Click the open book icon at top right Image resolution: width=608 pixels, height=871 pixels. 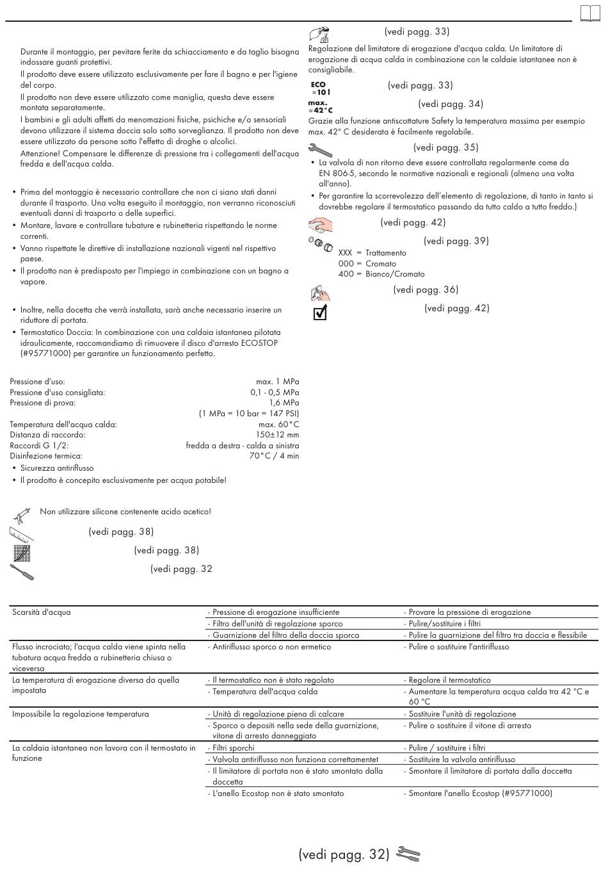[590, 13]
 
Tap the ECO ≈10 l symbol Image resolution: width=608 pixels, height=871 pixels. [320, 88]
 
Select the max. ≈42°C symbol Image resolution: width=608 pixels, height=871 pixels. [320, 106]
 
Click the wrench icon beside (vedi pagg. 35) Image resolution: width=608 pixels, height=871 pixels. [320, 150]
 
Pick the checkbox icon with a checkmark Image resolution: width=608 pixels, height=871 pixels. [321, 313]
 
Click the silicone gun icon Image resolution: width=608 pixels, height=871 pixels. [22, 514]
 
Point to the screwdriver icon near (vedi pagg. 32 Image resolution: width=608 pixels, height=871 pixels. [22, 571]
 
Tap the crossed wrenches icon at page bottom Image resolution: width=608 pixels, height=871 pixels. [408, 854]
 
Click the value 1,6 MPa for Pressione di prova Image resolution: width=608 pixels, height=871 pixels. [284, 403]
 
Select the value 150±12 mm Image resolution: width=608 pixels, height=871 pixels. [277, 435]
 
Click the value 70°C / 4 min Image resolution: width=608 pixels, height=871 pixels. [274, 456]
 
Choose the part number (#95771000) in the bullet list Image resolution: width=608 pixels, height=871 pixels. [46, 354]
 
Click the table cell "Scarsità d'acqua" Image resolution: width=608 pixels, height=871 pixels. [42, 612]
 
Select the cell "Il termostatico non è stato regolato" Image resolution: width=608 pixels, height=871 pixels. [273, 680]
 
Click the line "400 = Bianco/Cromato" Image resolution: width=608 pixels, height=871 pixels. [381, 274]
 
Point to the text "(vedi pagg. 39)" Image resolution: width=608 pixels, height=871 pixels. [456, 241]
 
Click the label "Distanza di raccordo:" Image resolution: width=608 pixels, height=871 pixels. [47, 435]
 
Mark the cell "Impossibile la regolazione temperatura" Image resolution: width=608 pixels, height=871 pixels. [81, 714]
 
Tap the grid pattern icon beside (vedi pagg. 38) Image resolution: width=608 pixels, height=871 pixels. [22, 552]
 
